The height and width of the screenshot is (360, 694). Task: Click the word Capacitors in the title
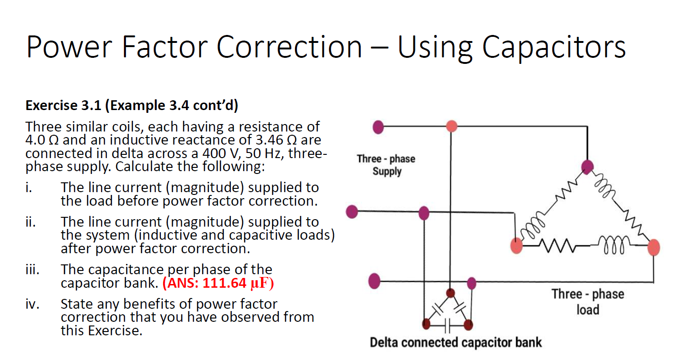point(553,47)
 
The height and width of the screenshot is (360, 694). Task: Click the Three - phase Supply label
point(386,165)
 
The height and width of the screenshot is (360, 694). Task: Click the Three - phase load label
point(587,301)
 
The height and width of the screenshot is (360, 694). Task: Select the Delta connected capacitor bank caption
point(455,343)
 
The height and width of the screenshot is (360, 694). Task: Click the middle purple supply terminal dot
point(352,212)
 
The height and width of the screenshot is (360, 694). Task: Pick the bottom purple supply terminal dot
point(374,282)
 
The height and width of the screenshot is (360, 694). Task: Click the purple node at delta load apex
point(588,166)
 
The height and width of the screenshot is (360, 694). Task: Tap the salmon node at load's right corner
point(653,247)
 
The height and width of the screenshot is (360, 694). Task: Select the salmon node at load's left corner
point(516,246)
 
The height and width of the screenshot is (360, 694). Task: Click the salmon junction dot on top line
point(451,126)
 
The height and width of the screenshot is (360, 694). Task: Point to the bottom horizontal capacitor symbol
point(447,325)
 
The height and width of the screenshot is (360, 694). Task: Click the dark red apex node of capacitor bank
point(450,293)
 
